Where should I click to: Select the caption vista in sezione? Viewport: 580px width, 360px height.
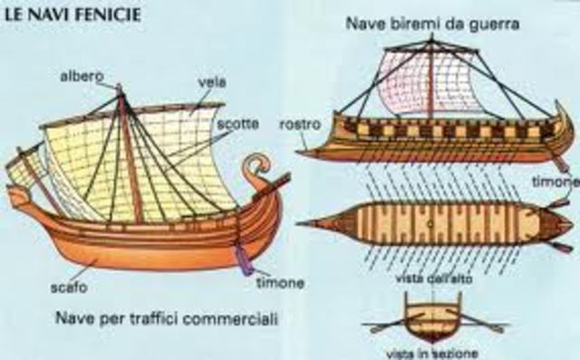(431, 353)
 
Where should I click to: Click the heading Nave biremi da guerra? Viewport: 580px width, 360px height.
(431, 24)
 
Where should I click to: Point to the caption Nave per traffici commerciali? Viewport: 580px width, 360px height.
(165, 318)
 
